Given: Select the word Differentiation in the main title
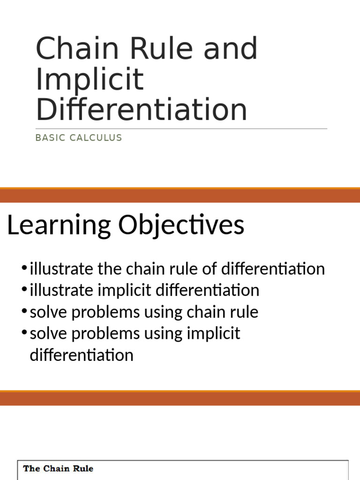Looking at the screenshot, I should click(x=141, y=109).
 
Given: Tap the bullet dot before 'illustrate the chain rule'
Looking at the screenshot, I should click(x=24, y=269).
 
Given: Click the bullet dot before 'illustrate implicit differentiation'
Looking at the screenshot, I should click(x=24, y=290).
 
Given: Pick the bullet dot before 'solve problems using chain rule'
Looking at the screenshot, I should click(x=24, y=312).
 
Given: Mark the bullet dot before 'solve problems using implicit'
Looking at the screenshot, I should click(x=24, y=333).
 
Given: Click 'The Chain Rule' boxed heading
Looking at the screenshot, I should click(x=58, y=468).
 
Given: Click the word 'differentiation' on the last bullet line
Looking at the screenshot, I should click(x=82, y=355).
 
